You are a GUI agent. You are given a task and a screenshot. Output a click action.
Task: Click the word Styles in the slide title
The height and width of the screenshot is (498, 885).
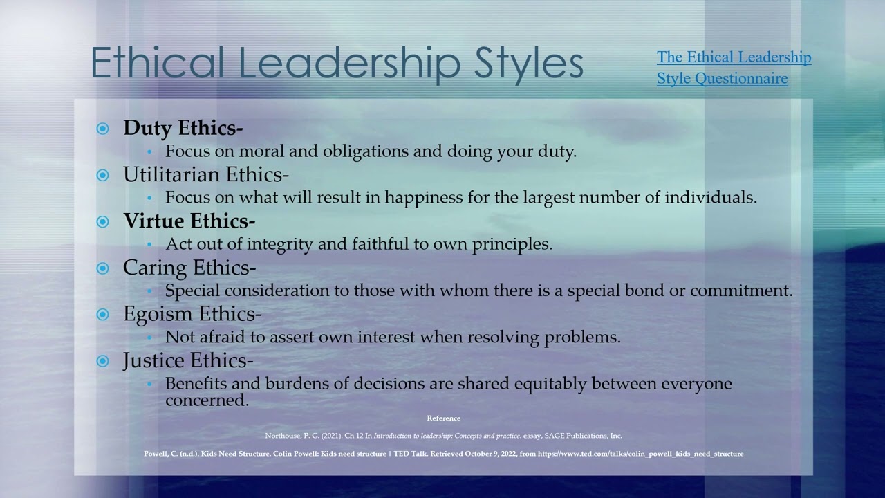(529, 63)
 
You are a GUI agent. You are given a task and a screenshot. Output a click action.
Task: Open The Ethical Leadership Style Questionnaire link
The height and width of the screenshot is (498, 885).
(734, 68)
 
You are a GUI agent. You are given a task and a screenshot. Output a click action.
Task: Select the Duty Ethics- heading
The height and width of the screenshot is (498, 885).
(183, 128)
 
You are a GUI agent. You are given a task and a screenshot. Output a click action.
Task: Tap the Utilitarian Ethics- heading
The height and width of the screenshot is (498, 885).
(206, 174)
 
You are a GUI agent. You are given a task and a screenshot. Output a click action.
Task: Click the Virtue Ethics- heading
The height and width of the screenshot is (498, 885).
(189, 221)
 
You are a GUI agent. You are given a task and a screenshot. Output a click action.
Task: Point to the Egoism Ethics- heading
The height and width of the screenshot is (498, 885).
(192, 313)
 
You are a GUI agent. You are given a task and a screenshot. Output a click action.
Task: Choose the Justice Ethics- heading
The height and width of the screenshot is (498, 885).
(188, 360)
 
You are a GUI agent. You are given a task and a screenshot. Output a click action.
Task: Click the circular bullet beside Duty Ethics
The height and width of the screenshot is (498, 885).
(103, 129)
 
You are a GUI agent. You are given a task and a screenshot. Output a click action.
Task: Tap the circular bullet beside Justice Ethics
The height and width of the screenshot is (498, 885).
(103, 360)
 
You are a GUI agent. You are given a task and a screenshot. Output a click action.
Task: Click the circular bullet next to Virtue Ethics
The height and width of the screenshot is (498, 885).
(103, 221)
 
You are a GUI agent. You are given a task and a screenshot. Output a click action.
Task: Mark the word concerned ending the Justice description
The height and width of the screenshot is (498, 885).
(207, 400)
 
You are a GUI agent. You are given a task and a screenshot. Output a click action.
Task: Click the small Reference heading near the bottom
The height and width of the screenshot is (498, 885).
(443, 418)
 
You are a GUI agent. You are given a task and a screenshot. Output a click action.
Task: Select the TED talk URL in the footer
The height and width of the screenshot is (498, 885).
(640, 454)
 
